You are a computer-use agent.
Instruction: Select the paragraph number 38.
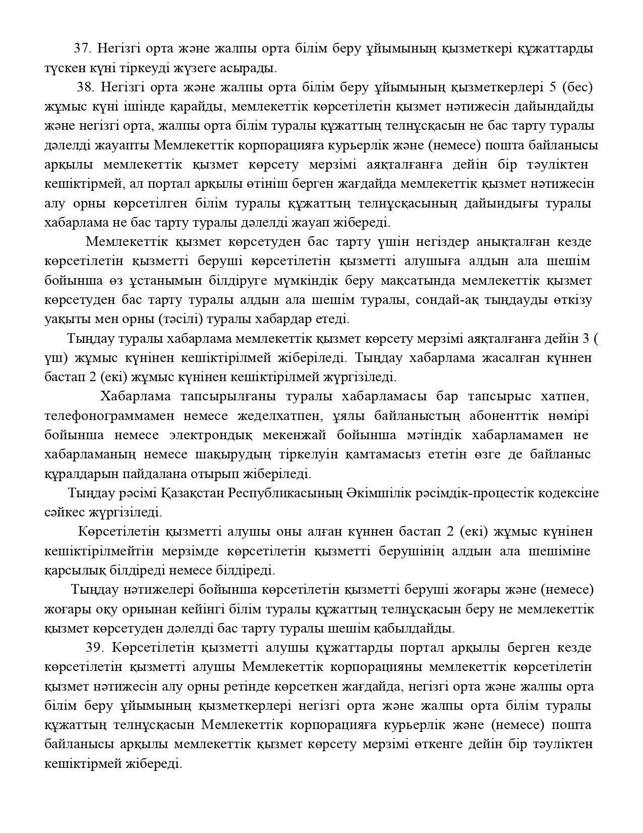[86, 87]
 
